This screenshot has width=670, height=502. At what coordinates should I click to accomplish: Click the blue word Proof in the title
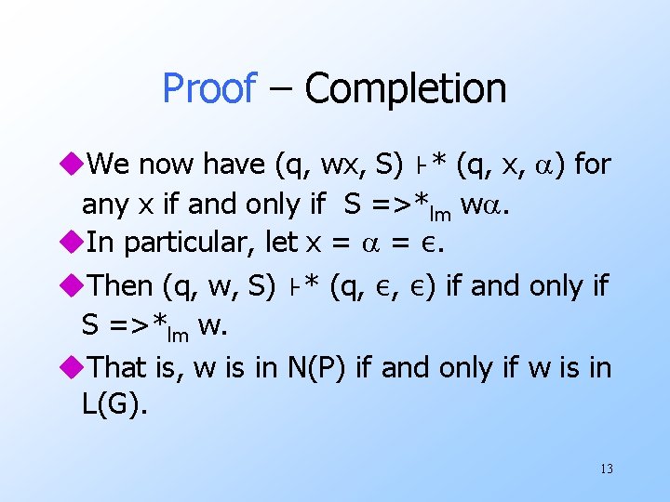(208, 89)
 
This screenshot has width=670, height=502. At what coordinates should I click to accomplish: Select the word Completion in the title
(406, 89)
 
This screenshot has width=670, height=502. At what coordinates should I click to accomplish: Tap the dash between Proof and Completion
(280, 89)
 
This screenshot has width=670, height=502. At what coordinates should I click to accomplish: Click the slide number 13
(606, 469)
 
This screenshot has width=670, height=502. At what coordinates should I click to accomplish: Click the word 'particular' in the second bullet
(191, 244)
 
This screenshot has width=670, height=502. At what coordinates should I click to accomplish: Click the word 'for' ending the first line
(593, 165)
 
